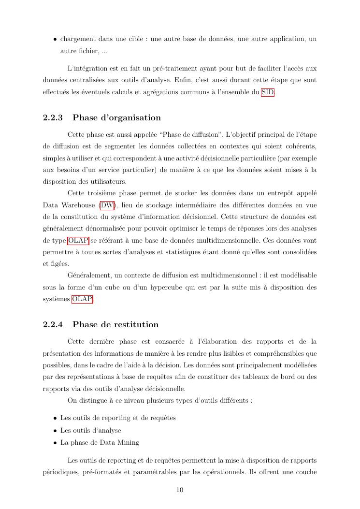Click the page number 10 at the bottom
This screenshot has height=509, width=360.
[x=180, y=490]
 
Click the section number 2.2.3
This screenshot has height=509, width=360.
[x=53, y=117]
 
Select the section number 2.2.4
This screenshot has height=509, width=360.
[x=53, y=324]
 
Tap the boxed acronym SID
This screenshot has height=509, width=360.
[x=268, y=93]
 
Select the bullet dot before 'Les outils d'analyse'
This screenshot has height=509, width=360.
[x=55, y=430]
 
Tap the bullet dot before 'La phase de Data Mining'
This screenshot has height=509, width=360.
[x=55, y=442]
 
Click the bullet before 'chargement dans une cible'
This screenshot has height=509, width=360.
[x=55, y=39]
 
